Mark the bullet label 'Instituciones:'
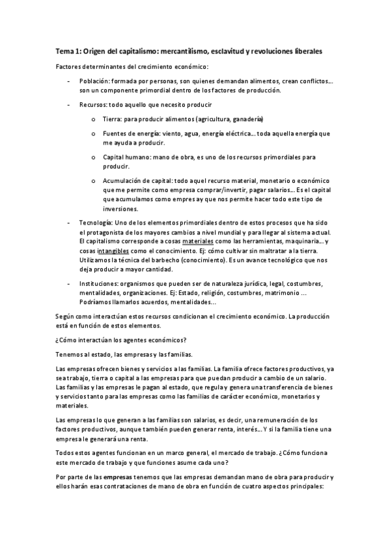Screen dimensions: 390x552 (x=100, y=284)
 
